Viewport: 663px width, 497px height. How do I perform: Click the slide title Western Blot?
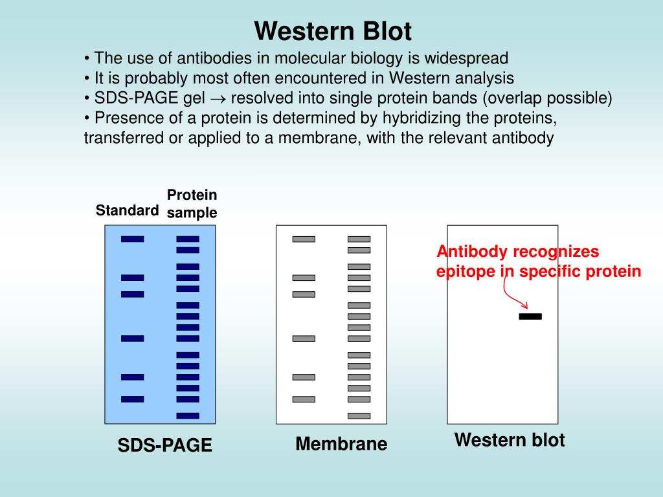(333, 30)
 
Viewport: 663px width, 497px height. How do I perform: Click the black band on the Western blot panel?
(530, 316)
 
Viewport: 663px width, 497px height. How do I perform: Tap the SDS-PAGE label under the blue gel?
(164, 445)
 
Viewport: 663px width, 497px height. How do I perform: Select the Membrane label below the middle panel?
(341, 444)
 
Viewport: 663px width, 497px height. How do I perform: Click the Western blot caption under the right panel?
(510, 440)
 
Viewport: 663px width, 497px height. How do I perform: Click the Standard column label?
(127, 210)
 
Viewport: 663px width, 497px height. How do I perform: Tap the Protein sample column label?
(192, 204)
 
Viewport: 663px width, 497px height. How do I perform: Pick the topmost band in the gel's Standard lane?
(132, 239)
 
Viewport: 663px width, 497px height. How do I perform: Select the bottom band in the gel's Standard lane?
(132, 399)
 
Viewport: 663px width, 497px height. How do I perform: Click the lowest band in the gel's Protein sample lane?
(188, 415)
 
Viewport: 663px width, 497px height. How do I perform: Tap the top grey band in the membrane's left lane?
(304, 239)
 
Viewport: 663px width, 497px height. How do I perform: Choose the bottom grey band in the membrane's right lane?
(359, 415)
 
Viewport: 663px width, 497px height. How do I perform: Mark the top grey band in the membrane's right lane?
(359, 239)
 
